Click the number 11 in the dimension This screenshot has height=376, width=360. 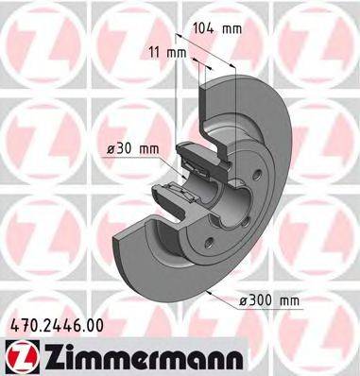pos(154,54)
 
